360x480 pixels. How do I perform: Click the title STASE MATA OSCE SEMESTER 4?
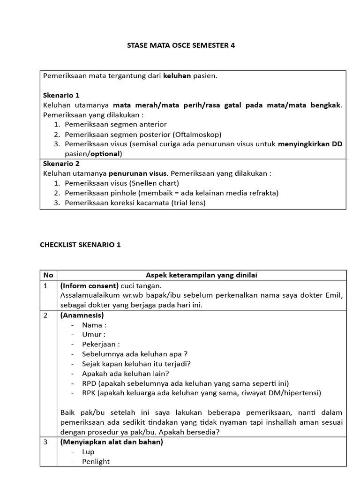coord(180,45)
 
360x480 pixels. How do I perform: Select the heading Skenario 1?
coord(61,95)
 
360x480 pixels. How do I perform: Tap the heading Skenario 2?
coord(61,164)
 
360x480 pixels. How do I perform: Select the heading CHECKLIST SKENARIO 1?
coord(80,245)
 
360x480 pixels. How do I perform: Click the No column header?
coord(48,275)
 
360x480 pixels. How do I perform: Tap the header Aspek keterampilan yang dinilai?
coord(202,275)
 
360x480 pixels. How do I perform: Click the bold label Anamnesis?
coord(82,315)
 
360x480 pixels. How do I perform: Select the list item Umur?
coord(94,334)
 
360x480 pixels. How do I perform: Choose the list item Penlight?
coord(96,461)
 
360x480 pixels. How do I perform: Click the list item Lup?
coord(88,451)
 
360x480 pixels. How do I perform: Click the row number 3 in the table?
coord(45,442)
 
